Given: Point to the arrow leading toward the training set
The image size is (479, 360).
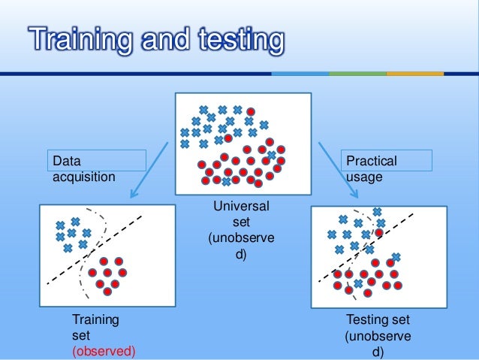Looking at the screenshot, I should [149, 169].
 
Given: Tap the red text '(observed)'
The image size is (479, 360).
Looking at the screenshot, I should [104, 351].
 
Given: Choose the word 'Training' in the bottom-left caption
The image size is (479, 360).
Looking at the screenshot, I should [95, 321].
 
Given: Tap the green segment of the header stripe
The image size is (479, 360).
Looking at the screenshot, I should [357, 74].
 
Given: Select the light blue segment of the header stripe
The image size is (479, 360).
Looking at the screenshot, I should [300, 74].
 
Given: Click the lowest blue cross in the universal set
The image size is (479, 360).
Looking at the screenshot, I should [226, 181].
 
